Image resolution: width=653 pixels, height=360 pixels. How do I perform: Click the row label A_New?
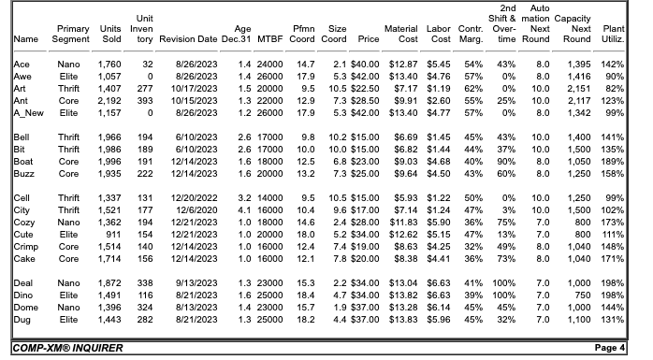pyautogui.click(x=28, y=111)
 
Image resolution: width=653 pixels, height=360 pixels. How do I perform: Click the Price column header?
pyautogui.click(x=366, y=39)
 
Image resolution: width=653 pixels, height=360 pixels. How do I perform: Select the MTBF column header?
pyautogui.click(x=272, y=39)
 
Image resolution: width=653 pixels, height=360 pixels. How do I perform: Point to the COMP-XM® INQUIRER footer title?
pyautogui.click(x=67, y=348)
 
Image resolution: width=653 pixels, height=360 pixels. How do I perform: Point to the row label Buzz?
pyautogui.click(x=25, y=172)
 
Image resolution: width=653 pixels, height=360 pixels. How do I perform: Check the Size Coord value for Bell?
pyautogui.click(x=339, y=136)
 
